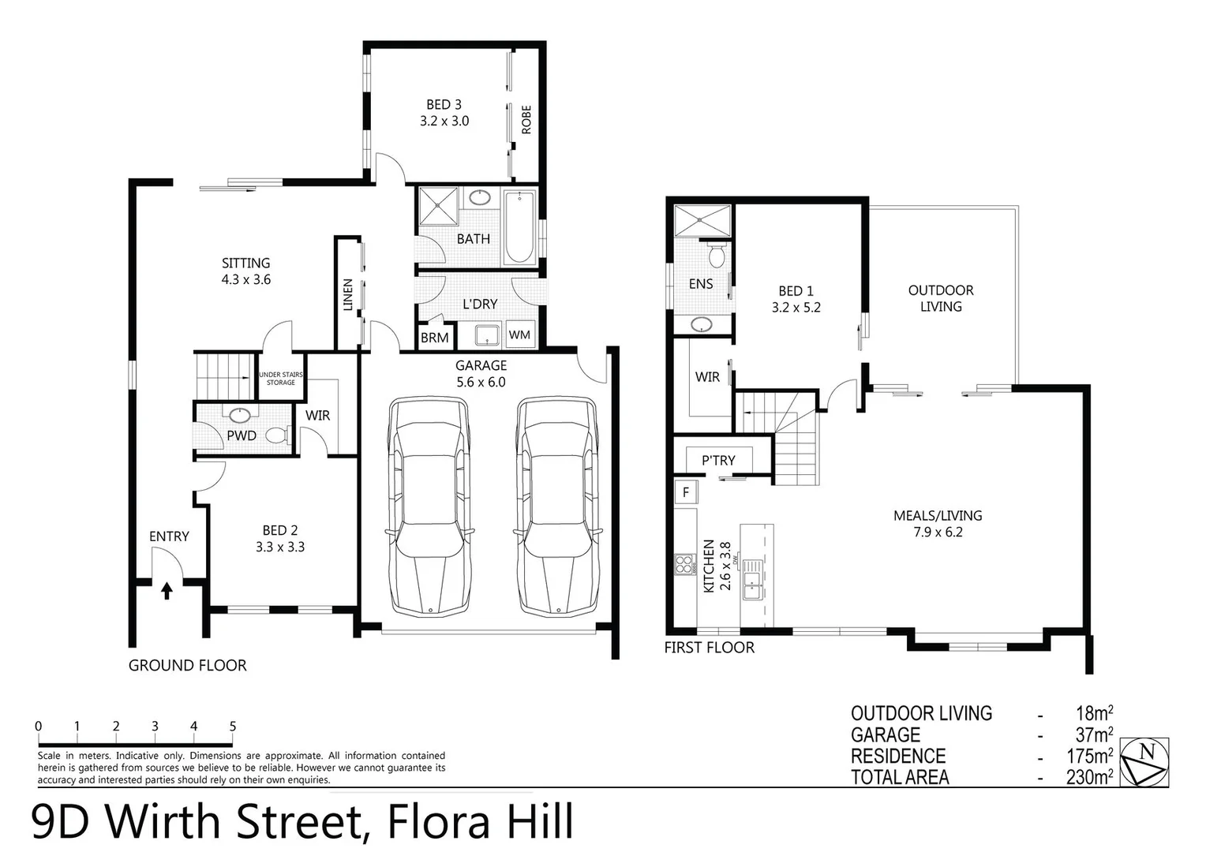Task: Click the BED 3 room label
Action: [x=444, y=105]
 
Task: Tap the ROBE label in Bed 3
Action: [x=526, y=120]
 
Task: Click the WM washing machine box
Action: [x=519, y=334]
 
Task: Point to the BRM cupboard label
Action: [x=434, y=338]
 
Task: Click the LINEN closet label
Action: [x=348, y=293]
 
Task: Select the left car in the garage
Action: [x=429, y=506]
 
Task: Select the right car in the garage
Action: [x=556, y=506]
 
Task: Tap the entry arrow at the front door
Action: [x=167, y=591]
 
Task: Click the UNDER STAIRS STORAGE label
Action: [x=281, y=379]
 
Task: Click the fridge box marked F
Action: [x=686, y=492]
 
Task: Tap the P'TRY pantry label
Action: [x=718, y=460]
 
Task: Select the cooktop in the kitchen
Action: [x=684, y=564]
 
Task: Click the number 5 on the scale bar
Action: [x=232, y=727]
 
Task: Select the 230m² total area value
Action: [x=1089, y=777]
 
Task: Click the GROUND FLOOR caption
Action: [x=187, y=666]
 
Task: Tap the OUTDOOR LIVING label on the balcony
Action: [x=941, y=298]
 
